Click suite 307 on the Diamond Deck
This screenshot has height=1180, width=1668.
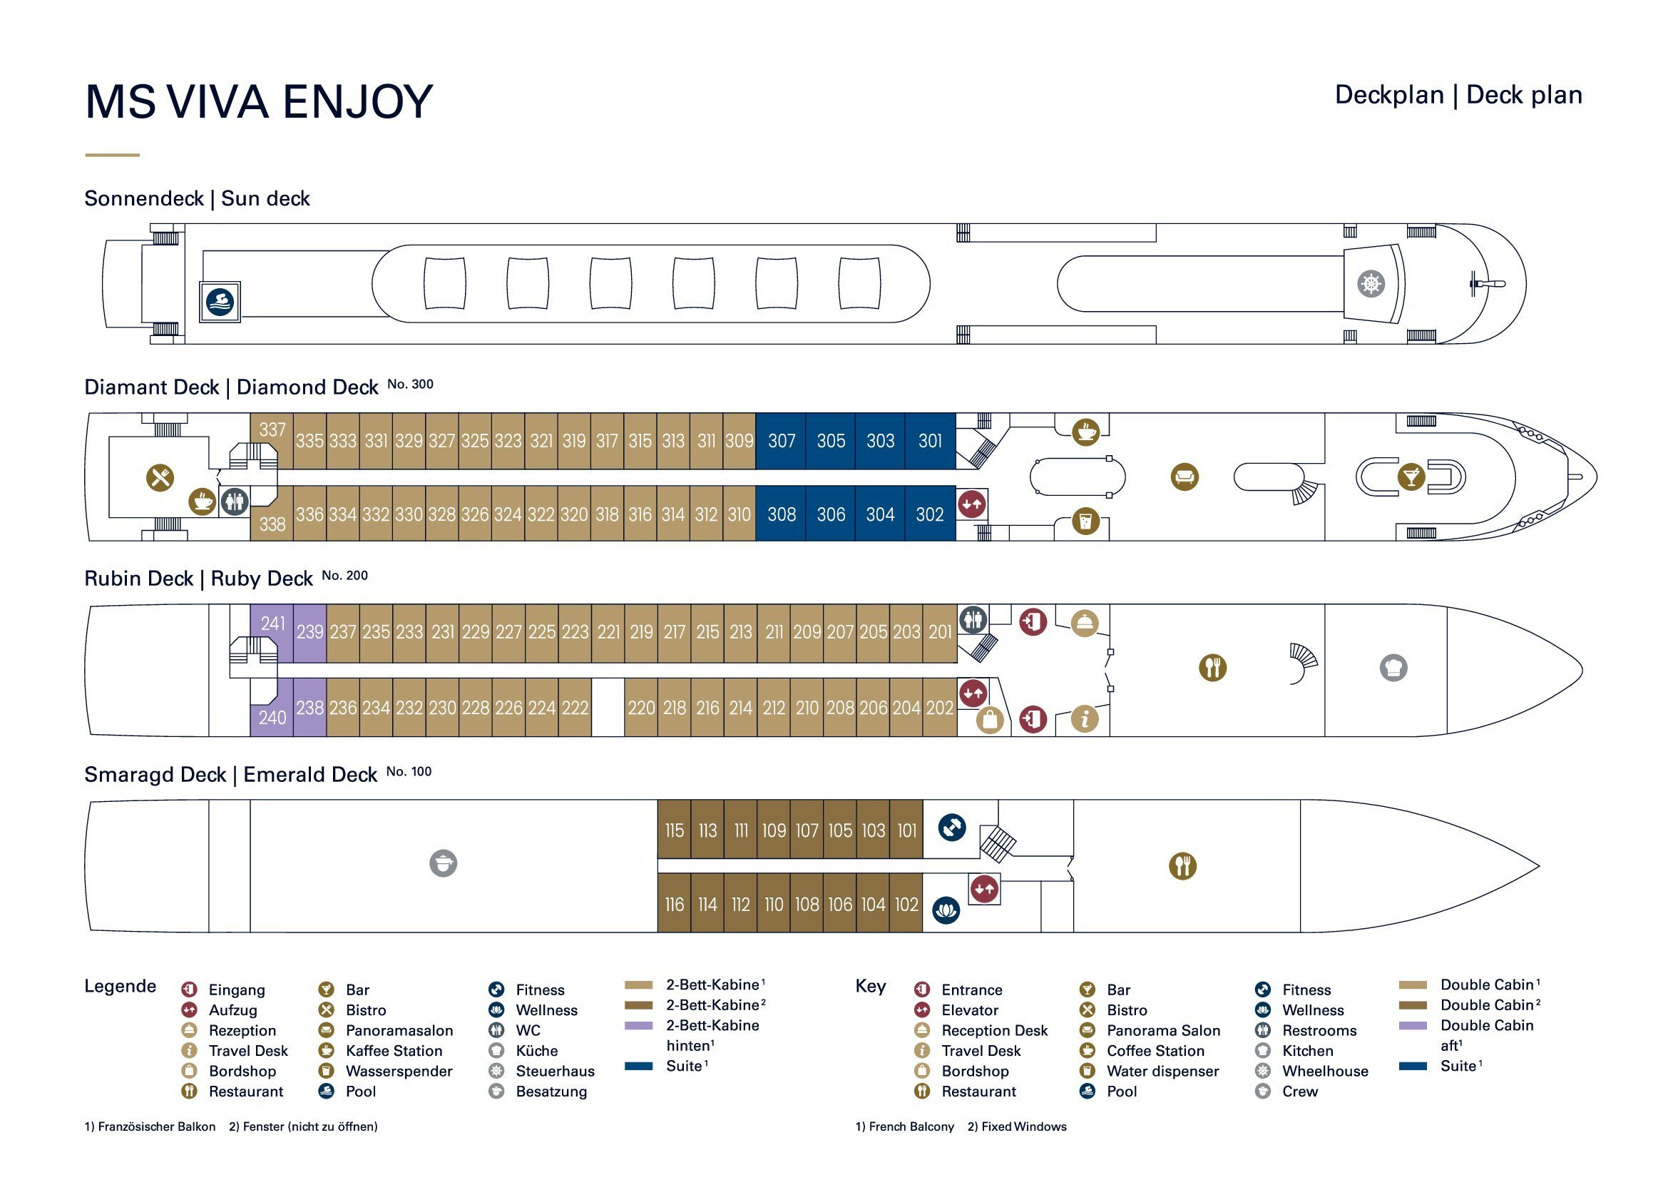pos(782,441)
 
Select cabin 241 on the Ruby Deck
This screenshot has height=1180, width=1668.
pos(273,624)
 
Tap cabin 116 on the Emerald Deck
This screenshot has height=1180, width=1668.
pos(674,905)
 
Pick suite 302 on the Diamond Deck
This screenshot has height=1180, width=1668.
pos(930,514)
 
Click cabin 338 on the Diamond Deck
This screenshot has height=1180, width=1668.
pos(272,524)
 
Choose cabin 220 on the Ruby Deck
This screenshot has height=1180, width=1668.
pos(641,708)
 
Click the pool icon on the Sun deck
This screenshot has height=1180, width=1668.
pos(220,302)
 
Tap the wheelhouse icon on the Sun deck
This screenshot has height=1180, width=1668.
pos(1371,283)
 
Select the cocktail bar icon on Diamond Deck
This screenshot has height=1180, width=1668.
pos(1411,477)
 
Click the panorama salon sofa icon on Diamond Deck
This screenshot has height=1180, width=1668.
pos(1185,477)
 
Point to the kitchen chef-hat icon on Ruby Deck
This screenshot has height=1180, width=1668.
pos(1393,667)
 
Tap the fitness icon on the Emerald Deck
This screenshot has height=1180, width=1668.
pos(952,827)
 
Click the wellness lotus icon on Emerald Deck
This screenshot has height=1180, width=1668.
pos(946,910)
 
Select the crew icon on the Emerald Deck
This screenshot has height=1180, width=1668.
pos(443,863)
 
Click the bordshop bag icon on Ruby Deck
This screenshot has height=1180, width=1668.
pos(990,720)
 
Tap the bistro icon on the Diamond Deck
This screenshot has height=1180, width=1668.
pos(160,477)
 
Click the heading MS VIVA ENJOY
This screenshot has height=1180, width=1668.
pos(259,102)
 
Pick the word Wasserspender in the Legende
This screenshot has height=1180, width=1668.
pos(399,1071)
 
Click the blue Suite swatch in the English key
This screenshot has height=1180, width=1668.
pos(1412,1066)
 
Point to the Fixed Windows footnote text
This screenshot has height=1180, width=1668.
pos(1016,1126)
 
